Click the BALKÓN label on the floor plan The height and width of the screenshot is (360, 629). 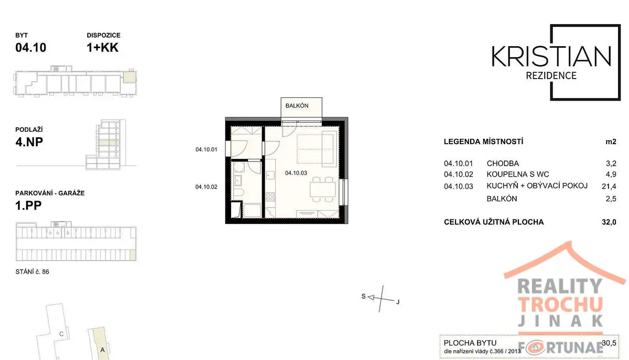tap(297, 105)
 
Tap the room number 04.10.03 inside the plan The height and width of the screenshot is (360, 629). tap(296, 173)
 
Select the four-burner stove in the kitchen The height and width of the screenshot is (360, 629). tap(270, 197)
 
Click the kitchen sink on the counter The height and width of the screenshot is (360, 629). tap(270, 175)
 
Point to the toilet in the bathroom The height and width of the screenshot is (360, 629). tap(238, 193)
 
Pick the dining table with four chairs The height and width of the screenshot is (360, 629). tap(323, 189)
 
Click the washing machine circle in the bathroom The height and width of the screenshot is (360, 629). tap(238, 167)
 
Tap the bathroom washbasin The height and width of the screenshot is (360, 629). tap(237, 180)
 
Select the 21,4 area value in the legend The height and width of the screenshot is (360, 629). tap(609, 186)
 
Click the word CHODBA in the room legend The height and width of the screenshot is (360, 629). tap(503, 163)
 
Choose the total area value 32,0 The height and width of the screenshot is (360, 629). tap(609, 222)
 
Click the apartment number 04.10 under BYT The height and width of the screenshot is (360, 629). tap(30, 48)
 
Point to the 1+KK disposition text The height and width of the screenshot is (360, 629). tap(103, 48)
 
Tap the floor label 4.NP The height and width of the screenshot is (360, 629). tap(29, 142)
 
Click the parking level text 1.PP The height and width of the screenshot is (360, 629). tap(28, 205)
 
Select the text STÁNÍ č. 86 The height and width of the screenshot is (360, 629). tap(32, 272)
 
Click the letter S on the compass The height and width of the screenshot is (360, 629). tap(363, 296)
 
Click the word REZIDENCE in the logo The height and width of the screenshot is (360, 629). tap(551, 75)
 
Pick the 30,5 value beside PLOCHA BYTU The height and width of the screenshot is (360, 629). tap(609, 343)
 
